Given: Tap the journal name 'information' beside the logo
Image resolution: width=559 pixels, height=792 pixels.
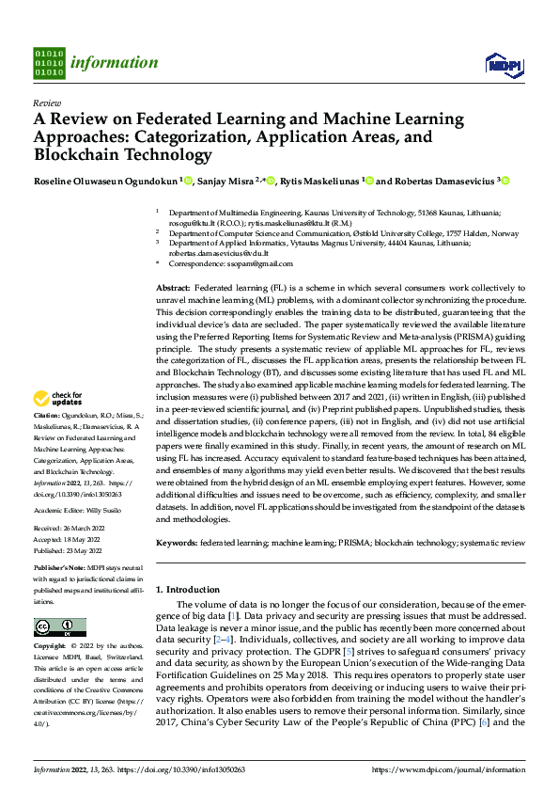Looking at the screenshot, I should pyautogui.click(x=114, y=63).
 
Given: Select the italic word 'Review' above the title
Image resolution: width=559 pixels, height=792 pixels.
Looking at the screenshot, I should pyautogui.click(x=46, y=103).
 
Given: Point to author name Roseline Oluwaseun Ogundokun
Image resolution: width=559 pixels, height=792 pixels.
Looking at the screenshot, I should pyautogui.click(x=105, y=182).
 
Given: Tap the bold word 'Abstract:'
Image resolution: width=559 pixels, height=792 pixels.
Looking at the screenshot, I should pyautogui.click(x=173, y=285).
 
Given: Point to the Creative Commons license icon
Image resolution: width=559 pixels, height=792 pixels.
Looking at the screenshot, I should pyautogui.click(x=59, y=627).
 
